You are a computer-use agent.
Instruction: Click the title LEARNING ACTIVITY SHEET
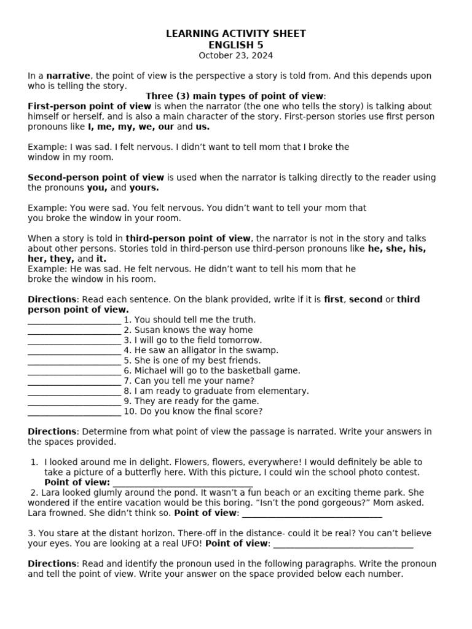coord(235,34)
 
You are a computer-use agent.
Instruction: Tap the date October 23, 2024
coord(235,55)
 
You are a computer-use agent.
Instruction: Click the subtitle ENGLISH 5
coord(235,45)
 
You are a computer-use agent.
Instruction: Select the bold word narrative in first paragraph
coord(68,76)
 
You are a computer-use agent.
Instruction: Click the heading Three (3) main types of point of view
coord(235,96)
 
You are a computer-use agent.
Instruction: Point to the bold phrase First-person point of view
coord(89,106)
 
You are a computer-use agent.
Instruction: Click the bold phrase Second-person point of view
coord(96,178)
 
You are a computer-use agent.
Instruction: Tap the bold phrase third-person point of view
coord(188,238)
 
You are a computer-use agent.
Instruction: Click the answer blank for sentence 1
coord(74,320)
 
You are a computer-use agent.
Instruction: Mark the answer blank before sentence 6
coord(74,371)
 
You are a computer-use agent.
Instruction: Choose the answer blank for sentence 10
coord(74,412)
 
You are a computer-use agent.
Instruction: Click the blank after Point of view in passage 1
coord(183,483)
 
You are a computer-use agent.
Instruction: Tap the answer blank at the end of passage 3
coord(343,544)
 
